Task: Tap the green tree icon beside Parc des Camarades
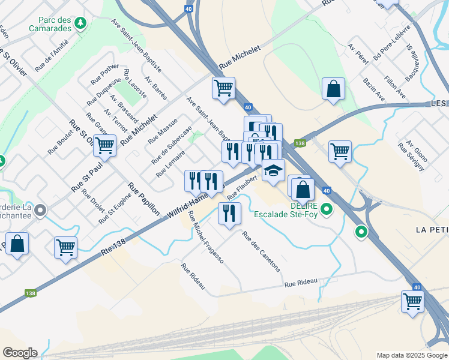(x=80, y=24)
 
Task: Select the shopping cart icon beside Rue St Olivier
(x=104, y=145)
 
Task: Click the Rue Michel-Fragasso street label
(x=205, y=238)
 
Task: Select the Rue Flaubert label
(x=242, y=184)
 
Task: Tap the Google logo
(x=20, y=353)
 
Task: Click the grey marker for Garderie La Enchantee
(x=40, y=210)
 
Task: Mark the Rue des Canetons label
(x=261, y=251)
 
